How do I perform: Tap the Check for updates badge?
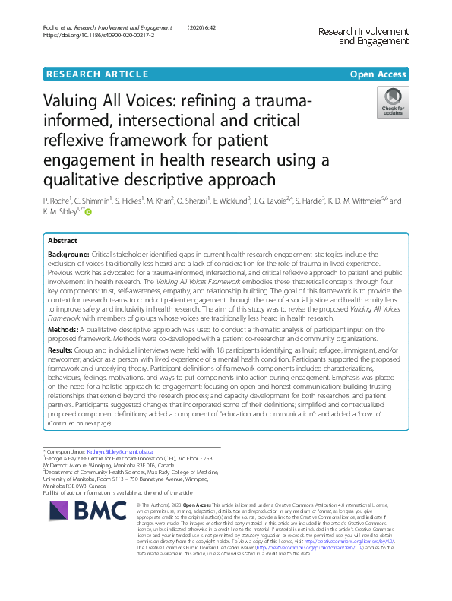tap(393, 102)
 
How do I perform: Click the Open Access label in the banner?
tap(379, 74)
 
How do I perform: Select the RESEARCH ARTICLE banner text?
tap(96, 74)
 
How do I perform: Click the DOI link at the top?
tap(100, 35)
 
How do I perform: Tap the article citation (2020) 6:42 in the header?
tap(201, 27)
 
